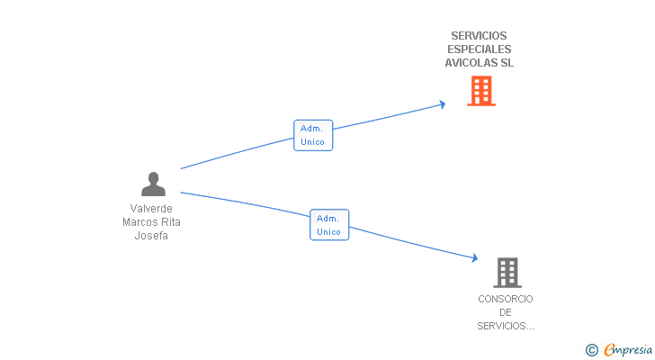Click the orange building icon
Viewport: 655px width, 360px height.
(x=481, y=91)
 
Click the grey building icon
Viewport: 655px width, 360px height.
(x=507, y=273)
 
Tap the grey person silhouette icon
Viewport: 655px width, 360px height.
(x=153, y=184)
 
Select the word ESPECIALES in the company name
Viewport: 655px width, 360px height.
(x=480, y=49)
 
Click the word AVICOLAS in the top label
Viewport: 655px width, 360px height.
(x=468, y=63)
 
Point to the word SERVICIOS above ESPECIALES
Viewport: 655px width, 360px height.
(x=480, y=36)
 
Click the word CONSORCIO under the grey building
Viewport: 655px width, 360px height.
(x=506, y=299)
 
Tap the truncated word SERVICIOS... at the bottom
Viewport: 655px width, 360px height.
(x=506, y=326)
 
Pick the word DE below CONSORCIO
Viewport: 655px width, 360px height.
(x=506, y=312)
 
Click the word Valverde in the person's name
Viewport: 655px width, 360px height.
(x=151, y=209)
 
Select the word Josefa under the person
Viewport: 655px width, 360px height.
(x=151, y=236)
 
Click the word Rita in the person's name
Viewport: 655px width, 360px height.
(x=171, y=222)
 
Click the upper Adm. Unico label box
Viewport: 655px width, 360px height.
(x=313, y=135)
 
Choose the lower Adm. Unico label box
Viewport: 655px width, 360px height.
(x=329, y=225)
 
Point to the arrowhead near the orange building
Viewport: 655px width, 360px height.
(x=443, y=104)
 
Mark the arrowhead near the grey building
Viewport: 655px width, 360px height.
(x=474, y=257)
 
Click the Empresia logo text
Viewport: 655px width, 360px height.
(x=628, y=349)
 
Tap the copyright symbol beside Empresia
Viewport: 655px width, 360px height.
(x=591, y=350)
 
